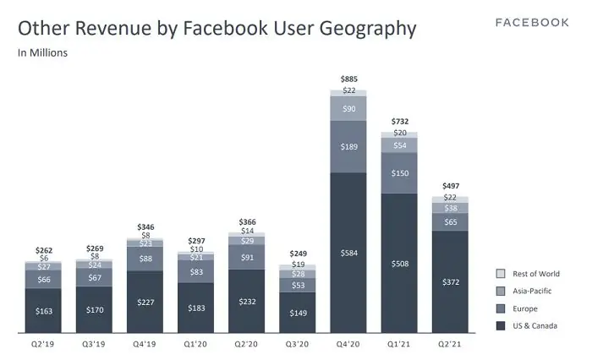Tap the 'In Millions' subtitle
[43, 53]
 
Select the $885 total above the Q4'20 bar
[348, 79]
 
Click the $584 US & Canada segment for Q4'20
[348, 252]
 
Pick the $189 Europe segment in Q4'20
[348, 146]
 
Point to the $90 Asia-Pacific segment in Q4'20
[348, 108]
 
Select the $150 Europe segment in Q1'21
[399, 173]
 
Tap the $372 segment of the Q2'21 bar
[450, 281]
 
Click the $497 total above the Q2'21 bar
[450, 185]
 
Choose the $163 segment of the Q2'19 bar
[43, 310]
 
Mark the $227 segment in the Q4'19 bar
[145, 301]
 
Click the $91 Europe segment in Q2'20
[247, 258]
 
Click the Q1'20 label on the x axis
[195, 345]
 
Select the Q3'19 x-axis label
[94, 345]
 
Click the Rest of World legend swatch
[500, 274]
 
